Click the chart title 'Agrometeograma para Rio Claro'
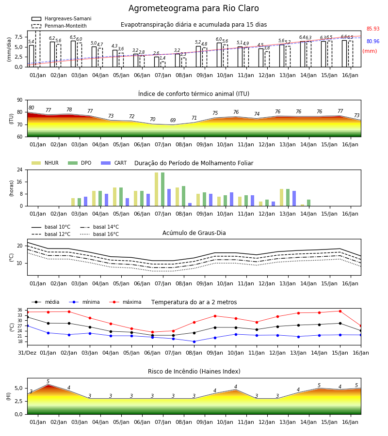(x=194, y=8)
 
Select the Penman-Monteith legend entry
(x=59, y=26)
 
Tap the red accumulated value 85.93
(x=373, y=29)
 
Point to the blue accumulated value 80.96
(x=373, y=41)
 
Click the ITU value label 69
(x=173, y=120)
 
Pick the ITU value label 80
(x=31, y=108)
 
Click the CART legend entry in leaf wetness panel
(x=114, y=163)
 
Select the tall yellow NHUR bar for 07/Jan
(x=157, y=189)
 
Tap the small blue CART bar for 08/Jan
(x=190, y=204)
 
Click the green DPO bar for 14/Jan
(x=308, y=202)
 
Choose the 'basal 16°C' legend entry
(x=99, y=234)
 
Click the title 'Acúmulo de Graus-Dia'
(x=194, y=233)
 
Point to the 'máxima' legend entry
(x=125, y=302)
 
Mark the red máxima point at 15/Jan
(x=340, y=311)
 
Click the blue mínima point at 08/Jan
(x=194, y=342)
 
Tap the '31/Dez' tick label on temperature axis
(x=27, y=353)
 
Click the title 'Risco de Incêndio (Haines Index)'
(x=194, y=371)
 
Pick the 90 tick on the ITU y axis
(x=20, y=100)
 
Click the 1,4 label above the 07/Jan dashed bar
(x=162, y=58)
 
